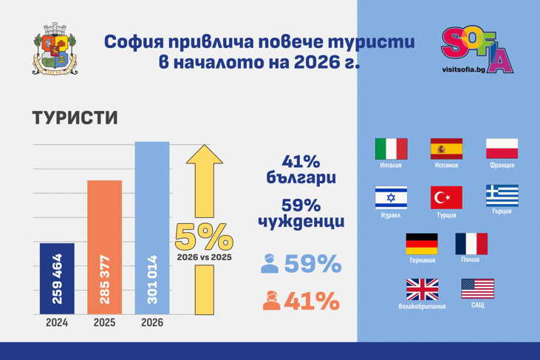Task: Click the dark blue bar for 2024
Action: point(57,278)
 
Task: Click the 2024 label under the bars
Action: point(57,323)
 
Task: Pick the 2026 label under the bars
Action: point(151,323)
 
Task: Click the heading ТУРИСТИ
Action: point(75,118)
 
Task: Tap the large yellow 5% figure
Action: point(204,237)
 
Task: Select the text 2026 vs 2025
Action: point(204,257)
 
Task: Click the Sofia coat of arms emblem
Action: point(55,50)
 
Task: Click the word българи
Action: point(301,178)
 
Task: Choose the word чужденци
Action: point(301,221)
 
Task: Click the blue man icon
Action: point(270,264)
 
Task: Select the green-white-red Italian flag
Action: point(391,149)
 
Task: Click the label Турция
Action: point(446,215)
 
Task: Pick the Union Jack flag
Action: point(422,289)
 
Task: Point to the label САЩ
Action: point(477,305)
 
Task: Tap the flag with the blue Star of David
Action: point(391,198)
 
